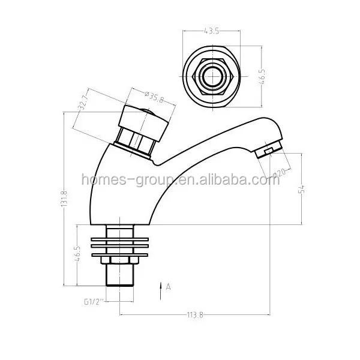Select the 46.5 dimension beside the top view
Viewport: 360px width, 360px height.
tap(262, 79)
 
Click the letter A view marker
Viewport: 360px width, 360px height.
tap(169, 287)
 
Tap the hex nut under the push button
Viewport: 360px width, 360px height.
tap(136, 143)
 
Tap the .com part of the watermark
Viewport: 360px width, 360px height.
tap(264, 180)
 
